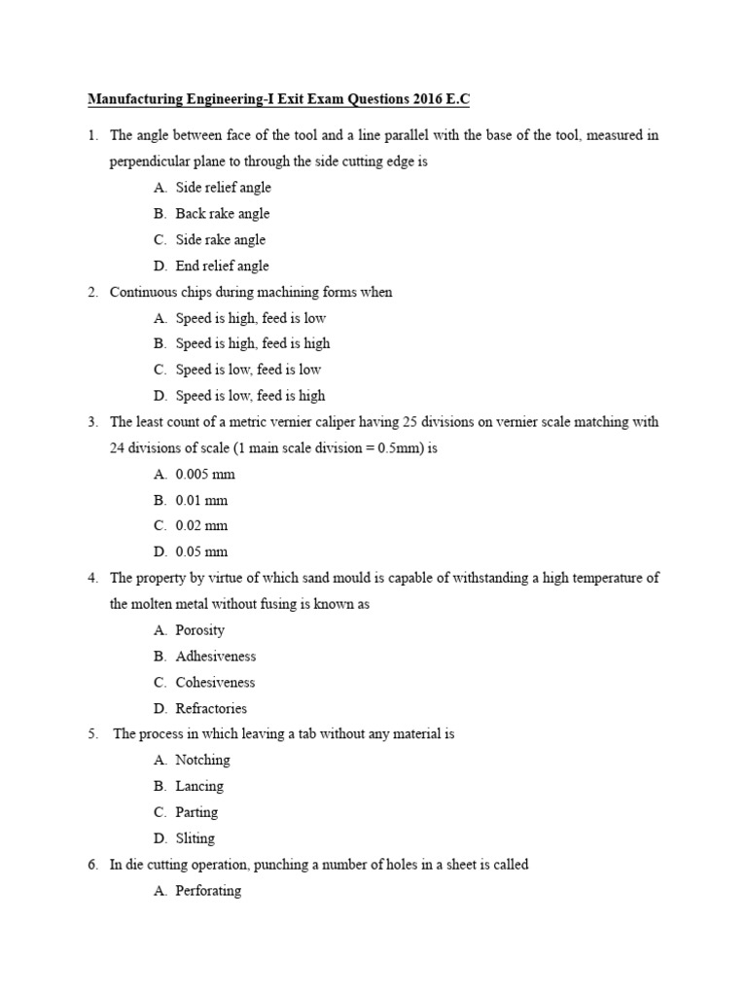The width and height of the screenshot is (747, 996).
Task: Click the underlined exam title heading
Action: click(x=279, y=99)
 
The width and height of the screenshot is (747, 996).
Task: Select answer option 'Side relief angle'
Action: click(x=223, y=188)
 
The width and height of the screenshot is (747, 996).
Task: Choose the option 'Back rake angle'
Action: click(x=222, y=214)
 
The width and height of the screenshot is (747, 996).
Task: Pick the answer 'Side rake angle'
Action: click(x=220, y=240)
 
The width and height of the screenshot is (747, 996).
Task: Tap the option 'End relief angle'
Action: click(x=222, y=266)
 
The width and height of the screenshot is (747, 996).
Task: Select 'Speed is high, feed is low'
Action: click(x=250, y=318)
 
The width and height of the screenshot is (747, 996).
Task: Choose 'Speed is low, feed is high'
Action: click(x=250, y=396)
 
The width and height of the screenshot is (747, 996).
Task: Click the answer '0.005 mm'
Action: click(x=205, y=475)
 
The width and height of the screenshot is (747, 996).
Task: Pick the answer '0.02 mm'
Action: click(x=201, y=526)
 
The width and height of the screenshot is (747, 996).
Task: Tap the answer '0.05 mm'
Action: click(x=201, y=552)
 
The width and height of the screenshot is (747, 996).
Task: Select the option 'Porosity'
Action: click(x=199, y=630)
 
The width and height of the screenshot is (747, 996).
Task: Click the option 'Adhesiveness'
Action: click(x=215, y=657)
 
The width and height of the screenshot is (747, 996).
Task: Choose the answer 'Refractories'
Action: click(x=211, y=708)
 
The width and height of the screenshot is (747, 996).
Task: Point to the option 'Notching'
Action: click(x=202, y=761)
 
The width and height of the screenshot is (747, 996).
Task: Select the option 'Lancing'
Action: click(x=199, y=786)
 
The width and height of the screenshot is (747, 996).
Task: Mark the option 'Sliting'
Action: click(x=196, y=838)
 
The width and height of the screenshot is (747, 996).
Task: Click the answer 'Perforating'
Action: click(x=208, y=891)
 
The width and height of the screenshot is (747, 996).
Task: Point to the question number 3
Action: click(x=92, y=422)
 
